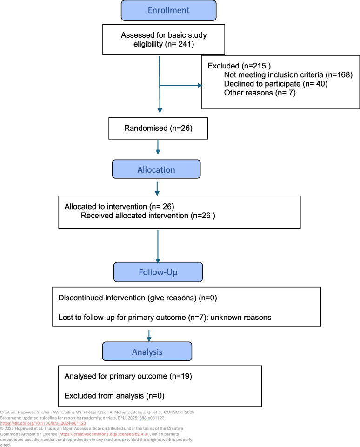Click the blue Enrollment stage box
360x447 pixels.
click(x=169, y=11)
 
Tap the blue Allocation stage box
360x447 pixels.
click(x=156, y=169)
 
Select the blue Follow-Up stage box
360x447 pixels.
click(x=158, y=272)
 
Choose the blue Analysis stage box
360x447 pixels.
click(x=147, y=352)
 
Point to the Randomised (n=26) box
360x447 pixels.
click(x=158, y=129)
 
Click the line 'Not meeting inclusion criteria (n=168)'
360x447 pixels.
click(x=288, y=75)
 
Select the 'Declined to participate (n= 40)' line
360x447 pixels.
click(x=276, y=84)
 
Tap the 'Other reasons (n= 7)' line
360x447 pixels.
click(x=260, y=93)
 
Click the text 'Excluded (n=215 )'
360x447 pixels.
click(x=239, y=66)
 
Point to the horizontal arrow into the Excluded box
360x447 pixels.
click(x=180, y=85)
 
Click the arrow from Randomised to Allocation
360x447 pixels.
click(x=158, y=147)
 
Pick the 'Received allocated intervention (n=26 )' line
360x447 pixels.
click(x=148, y=216)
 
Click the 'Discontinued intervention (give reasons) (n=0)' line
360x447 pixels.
click(x=138, y=298)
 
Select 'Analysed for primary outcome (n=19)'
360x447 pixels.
click(x=128, y=376)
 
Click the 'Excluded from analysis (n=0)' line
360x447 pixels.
click(x=114, y=396)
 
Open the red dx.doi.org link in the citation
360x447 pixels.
click(x=43, y=423)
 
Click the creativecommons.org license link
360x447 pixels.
click(x=104, y=434)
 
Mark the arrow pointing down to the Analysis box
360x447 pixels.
click(x=149, y=336)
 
